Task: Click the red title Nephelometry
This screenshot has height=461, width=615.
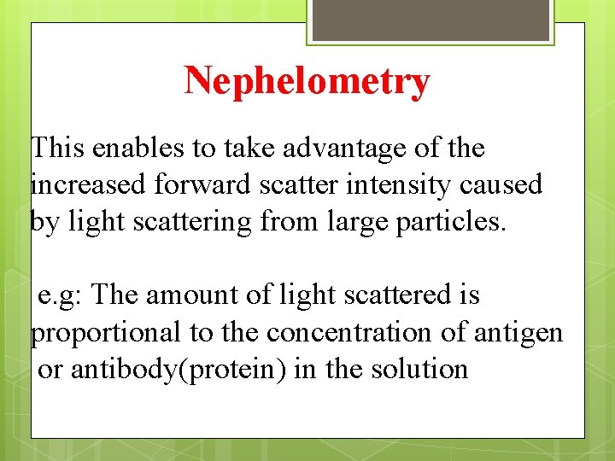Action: [307, 82]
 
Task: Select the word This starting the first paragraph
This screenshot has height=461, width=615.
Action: [60, 149]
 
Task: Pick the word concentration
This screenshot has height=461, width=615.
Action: [352, 332]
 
